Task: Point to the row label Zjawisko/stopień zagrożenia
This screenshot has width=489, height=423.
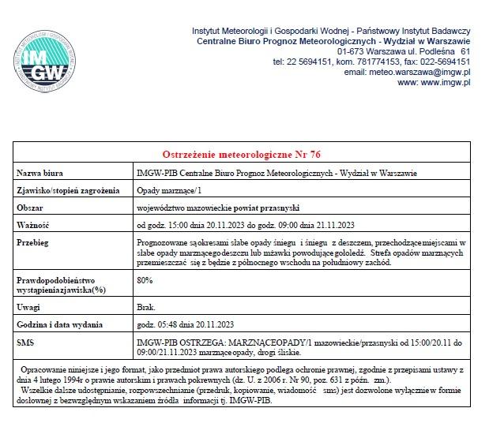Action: [x=68, y=190]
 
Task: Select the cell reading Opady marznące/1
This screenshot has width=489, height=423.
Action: [x=170, y=190]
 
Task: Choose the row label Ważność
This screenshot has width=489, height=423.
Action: [x=34, y=224]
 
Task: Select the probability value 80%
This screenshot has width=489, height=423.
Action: [x=145, y=280]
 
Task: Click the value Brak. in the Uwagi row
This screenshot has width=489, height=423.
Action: [x=146, y=306]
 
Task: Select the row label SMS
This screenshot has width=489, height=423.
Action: [x=25, y=343]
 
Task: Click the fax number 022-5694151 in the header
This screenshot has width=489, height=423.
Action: [x=443, y=62]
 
